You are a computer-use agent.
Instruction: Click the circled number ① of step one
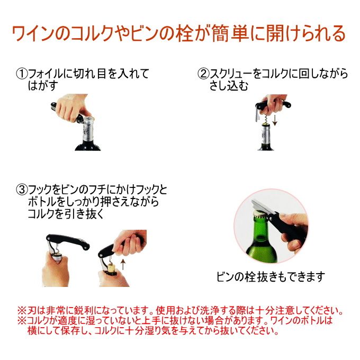pyautogui.click(x=22, y=74)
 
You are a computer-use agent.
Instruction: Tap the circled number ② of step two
pyautogui.click(x=203, y=74)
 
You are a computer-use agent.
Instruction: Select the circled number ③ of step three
pyautogui.click(x=22, y=190)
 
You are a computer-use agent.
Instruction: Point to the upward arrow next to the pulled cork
pyautogui.click(x=123, y=264)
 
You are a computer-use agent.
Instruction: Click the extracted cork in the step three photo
pyautogui.click(x=112, y=268)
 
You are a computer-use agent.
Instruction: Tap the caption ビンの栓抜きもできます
pyautogui.click(x=271, y=277)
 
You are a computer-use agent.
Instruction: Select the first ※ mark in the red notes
pyautogui.click(x=22, y=311)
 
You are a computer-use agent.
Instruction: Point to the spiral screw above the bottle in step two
pyautogui.click(x=266, y=119)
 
